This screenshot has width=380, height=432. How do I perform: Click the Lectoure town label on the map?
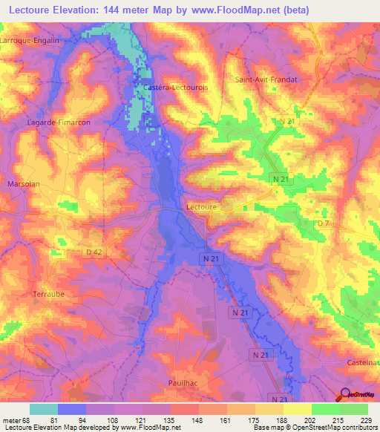point(200,208)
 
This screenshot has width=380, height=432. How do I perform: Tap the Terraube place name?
point(50,295)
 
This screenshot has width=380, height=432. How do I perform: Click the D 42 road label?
point(95,253)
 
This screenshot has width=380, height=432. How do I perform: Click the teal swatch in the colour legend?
point(44,409)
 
